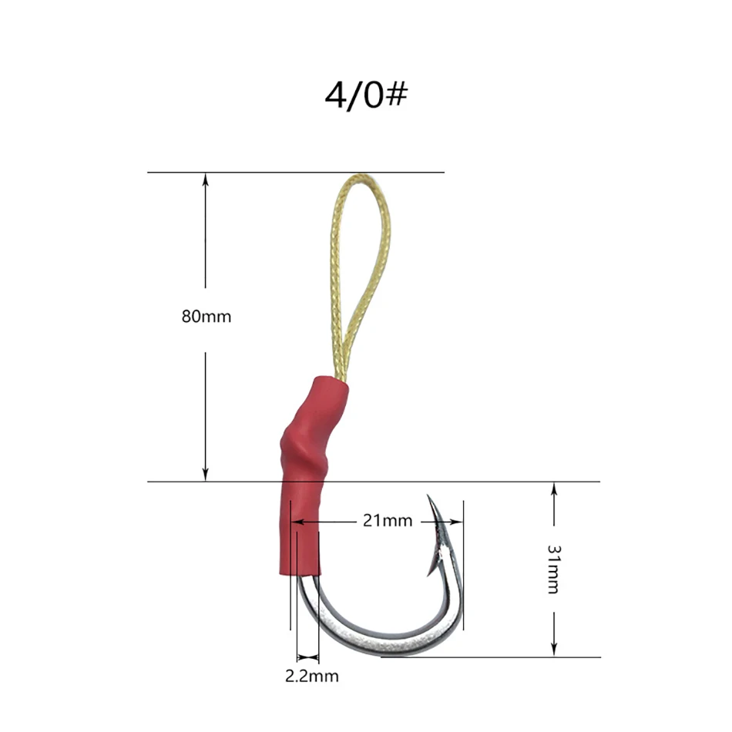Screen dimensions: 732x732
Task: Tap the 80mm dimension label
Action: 206,316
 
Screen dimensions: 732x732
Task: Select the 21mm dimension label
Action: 387,521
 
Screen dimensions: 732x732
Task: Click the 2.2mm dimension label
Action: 311,677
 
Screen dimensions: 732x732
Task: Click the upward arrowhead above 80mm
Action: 206,180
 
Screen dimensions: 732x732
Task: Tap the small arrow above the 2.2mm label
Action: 307,657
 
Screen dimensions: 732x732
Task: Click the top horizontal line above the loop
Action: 296,172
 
